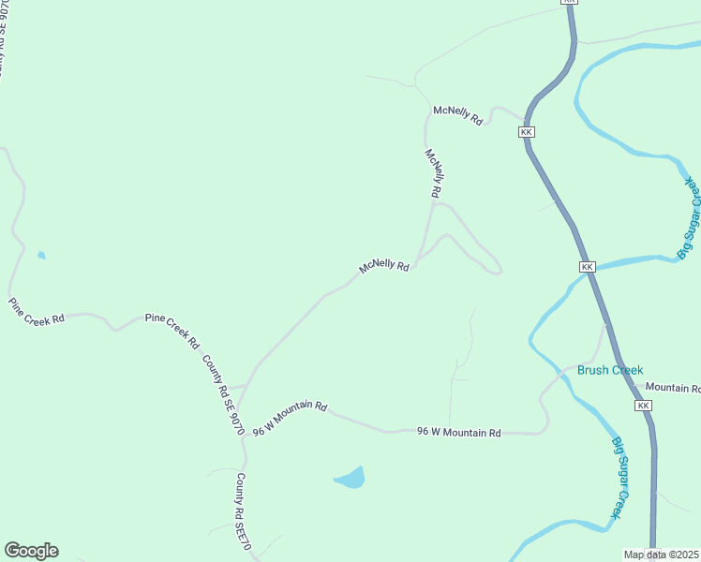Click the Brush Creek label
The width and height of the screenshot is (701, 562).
pyautogui.click(x=610, y=370)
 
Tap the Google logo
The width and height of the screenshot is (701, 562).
pyautogui.click(x=31, y=551)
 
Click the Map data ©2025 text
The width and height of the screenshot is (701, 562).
pyautogui.click(x=661, y=555)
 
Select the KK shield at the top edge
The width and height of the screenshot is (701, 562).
pyautogui.click(x=570, y=3)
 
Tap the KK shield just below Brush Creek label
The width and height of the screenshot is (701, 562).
pyautogui.click(x=643, y=406)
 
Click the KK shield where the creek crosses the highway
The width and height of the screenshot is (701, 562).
pyautogui.click(x=588, y=267)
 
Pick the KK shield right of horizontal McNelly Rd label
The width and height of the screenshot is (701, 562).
pyautogui.click(x=527, y=132)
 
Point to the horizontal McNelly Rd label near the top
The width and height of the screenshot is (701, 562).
pyautogui.click(x=457, y=116)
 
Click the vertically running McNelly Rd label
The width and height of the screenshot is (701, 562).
pyautogui.click(x=433, y=172)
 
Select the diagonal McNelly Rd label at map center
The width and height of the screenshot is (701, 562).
pyautogui.click(x=384, y=267)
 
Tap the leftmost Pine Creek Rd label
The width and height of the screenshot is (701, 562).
pyautogui.click(x=37, y=311)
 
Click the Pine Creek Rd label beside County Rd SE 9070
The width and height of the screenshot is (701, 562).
pyautogui.click(x=172, y=331)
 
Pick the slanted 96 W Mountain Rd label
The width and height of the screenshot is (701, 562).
pyautogui.click(x=290, y=417)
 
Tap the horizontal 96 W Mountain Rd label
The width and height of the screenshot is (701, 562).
pyautogui.click(x=459, y=432)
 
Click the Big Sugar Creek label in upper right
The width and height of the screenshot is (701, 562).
pyautogui.click(x=688, y=217)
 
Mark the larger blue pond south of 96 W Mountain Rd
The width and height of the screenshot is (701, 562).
pyautogui.click(x=350, y=479)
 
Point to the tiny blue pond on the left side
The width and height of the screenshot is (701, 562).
pyautogui.click(x=40, y=255)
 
